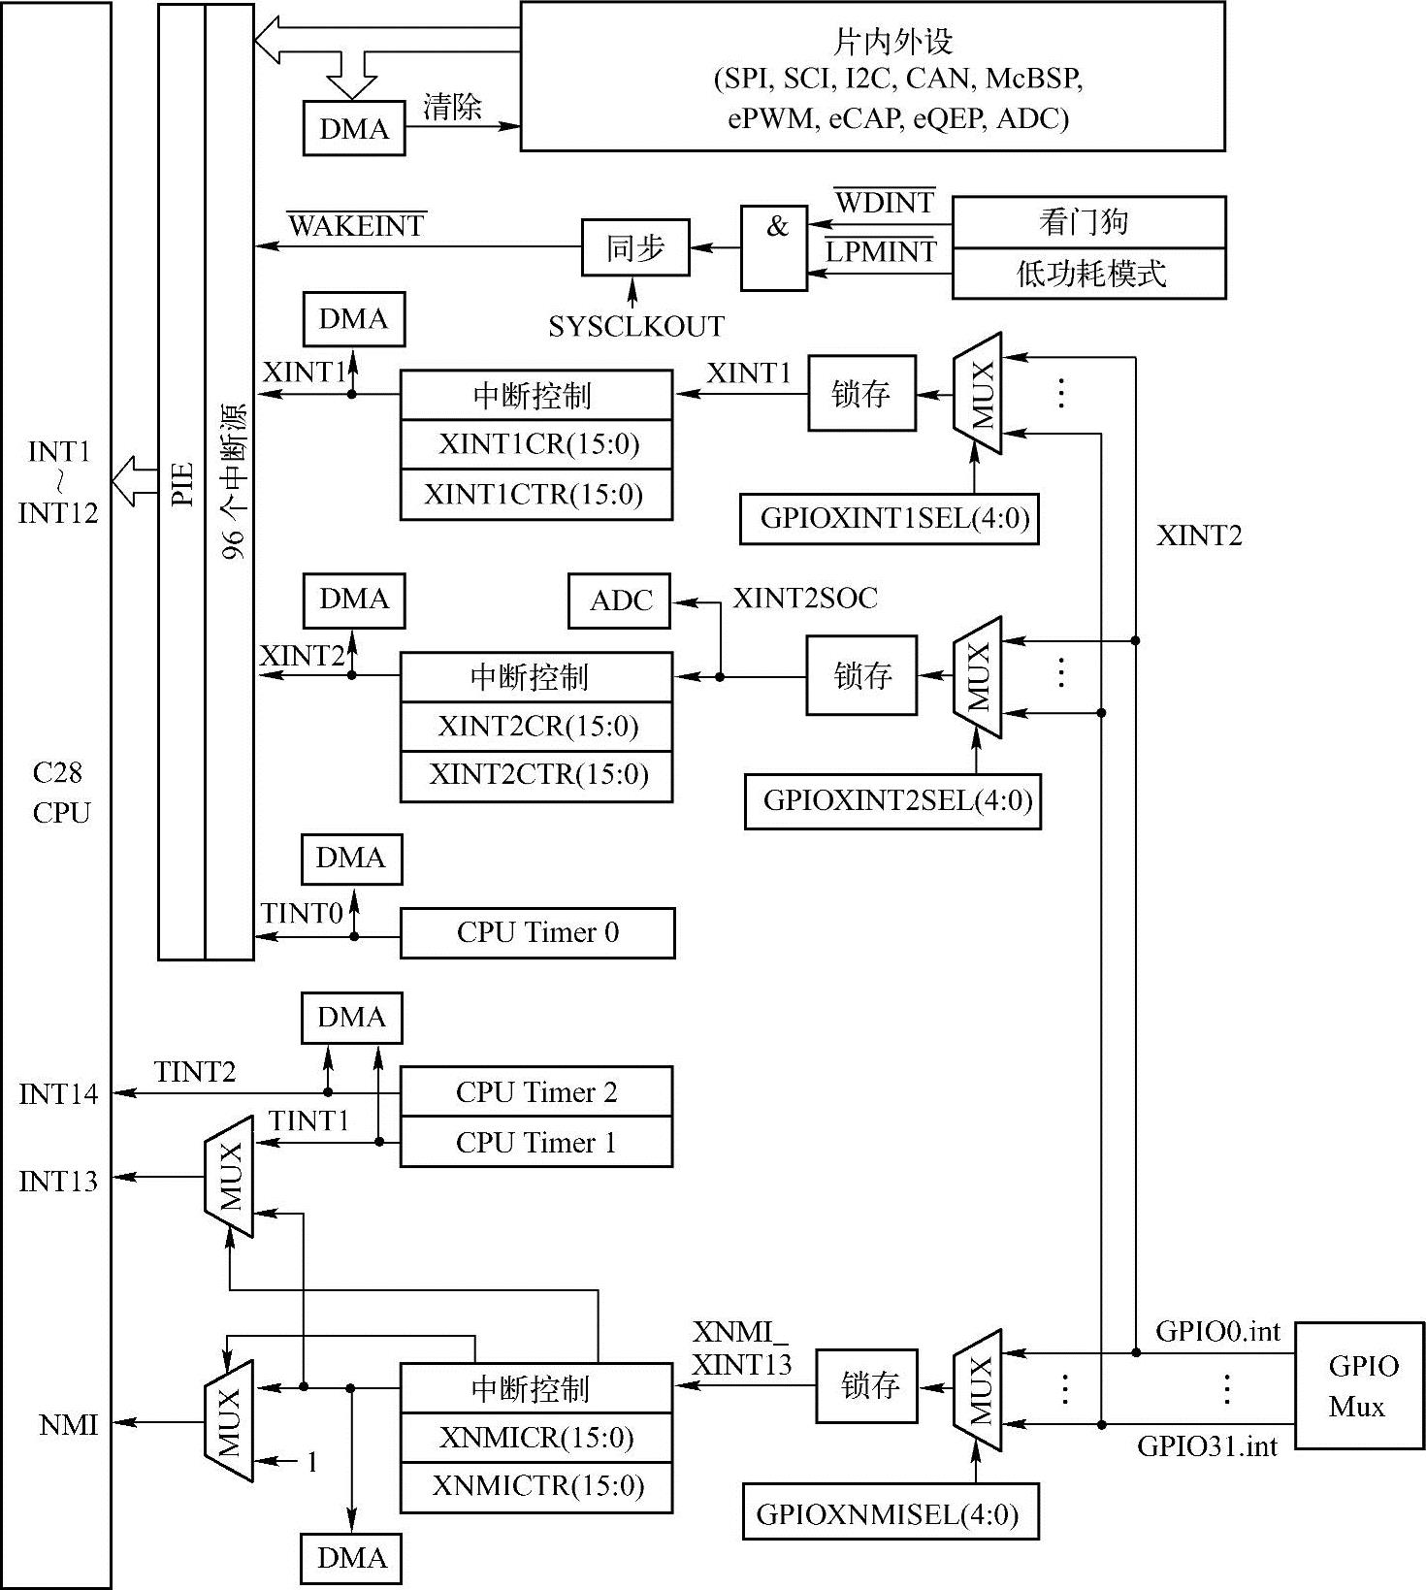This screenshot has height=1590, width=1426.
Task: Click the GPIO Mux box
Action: click(x=1359, y=1385)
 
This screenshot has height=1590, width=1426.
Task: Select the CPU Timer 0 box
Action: click(x=537, y=933)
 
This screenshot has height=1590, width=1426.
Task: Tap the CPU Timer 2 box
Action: click(x=536, y=1092)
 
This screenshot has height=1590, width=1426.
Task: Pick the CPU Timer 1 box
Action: click(x=536, y=1142)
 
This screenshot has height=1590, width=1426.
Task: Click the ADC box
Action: click(x=620, y=601)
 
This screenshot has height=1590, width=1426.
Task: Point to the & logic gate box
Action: click(x=774, y=247)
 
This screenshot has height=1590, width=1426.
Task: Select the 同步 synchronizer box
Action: click(x=635, y=248)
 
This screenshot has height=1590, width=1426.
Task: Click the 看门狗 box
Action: click(x=1088, y=222)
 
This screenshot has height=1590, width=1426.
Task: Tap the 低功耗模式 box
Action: click(x=1088, y=274)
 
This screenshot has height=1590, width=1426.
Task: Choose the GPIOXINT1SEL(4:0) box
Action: click(x=889, y=519)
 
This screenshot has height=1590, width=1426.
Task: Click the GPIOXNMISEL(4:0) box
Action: click(x=891, y=1514)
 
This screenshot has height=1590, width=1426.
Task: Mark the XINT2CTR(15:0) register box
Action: click(x=536, y=776)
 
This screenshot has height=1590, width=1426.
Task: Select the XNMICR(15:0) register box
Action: click(x=536, y=1438)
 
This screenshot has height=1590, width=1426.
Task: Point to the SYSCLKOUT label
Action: click(x=636, y=327)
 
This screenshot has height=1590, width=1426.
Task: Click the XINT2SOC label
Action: click(x=805, y=599)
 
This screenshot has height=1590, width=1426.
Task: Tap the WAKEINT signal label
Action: click(x=357, y=226)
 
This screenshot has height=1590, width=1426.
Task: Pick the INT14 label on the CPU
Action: click(x=58, y=1094)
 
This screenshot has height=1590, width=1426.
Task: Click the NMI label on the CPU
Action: click(x=68, y=1424)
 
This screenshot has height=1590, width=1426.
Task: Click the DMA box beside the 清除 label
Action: click(x=354, y=129)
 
